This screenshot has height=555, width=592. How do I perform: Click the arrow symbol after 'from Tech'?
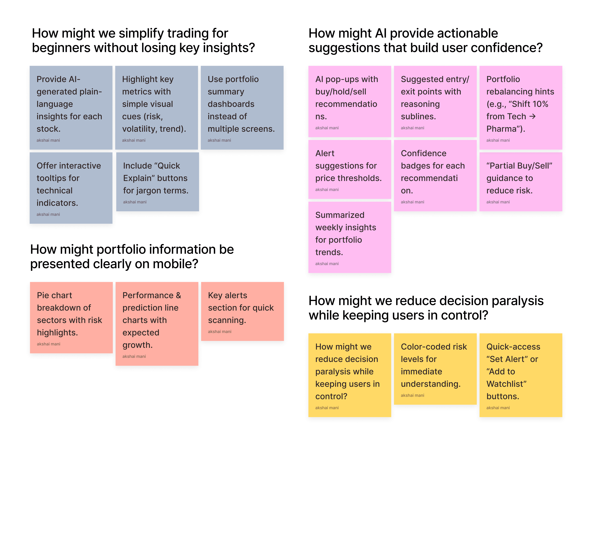click(x=532, y=116)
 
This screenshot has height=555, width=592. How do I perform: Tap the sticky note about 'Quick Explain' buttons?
click(x=157, y=182)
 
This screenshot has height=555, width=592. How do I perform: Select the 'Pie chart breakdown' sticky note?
click(x=71, y=317)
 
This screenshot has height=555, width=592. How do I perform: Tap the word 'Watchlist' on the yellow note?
click(x=506, y=384)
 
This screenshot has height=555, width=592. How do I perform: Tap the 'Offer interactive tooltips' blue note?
click(x=71, y=188)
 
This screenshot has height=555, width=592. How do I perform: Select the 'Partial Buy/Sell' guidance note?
click(x=521, y=182)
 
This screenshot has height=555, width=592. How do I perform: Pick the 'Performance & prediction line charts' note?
click(x=157, y=323)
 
